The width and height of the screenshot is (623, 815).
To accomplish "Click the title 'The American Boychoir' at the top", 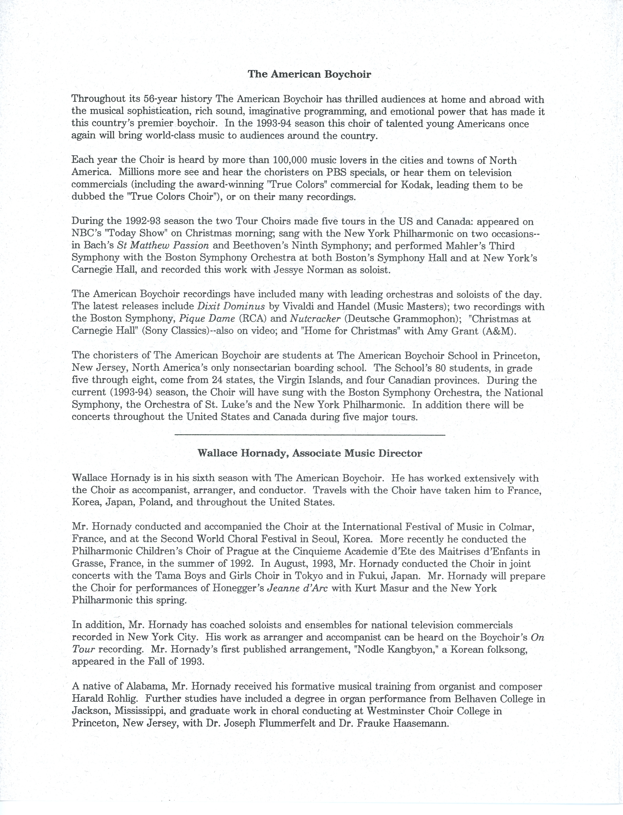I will (x=309, y=74).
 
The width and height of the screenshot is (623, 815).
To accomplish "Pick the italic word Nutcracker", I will (x=315, y=318).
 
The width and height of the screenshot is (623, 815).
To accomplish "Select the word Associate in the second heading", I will (x=317, y=453).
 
